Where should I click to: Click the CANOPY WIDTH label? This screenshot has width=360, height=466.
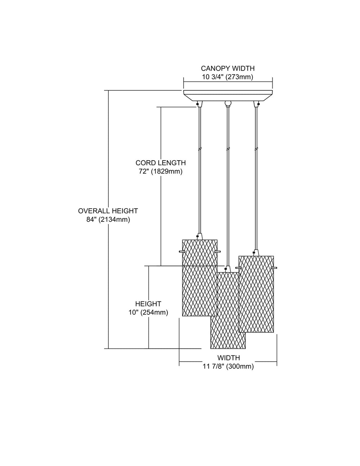228,68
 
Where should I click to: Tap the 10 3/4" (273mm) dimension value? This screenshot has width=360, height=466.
228,77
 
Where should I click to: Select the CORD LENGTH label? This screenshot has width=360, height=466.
161,163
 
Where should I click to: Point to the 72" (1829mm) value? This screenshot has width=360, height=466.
161,171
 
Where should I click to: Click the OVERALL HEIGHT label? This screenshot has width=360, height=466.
108,211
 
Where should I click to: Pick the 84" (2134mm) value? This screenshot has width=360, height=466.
108,220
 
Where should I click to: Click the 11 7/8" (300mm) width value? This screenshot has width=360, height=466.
229,367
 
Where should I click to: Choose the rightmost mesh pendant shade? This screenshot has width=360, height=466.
256,294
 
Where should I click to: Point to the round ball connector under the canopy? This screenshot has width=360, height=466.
227,104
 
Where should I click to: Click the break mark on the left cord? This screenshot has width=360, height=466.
199,148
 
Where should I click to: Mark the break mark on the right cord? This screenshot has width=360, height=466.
256,148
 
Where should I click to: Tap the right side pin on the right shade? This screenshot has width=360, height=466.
275,268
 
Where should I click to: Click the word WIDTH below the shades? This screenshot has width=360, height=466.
229,358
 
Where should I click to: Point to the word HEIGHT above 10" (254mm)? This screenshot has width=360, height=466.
148,304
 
